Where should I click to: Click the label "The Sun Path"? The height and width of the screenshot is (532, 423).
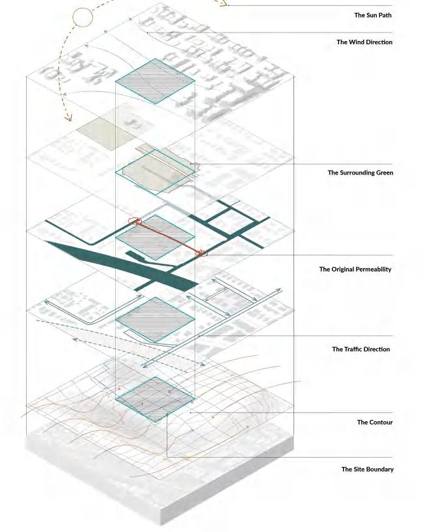click(x=373, y=15)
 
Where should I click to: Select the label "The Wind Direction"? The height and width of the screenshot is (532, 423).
click(x=364, y=42)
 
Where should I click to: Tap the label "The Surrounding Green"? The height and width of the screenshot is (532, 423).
click(x=360, y=173)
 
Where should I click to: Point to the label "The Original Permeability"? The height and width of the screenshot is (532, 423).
click(x=355, y=269)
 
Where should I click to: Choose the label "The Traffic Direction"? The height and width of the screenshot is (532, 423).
click(x=361, y=350)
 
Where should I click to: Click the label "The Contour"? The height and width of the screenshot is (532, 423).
click(x=374, y=423)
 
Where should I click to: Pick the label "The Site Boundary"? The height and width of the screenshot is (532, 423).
click(x=367, y=469)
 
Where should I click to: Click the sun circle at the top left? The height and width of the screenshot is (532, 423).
click(x=83, y=18)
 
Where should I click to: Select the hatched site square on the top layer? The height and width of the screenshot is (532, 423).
click(x=155, y=81)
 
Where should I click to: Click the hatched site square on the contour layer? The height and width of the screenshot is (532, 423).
click(x=155, y=399)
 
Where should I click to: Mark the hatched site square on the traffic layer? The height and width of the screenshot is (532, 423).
click(x=155, y=320)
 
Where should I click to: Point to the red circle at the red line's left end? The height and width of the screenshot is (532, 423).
click(x=136, y=221)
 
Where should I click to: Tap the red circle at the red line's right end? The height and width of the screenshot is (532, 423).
click(x=202, y=253)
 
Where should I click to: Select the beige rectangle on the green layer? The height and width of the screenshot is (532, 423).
click(x=104, y=134)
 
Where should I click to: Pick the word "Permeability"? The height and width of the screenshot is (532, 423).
click(x=370, y=269)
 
